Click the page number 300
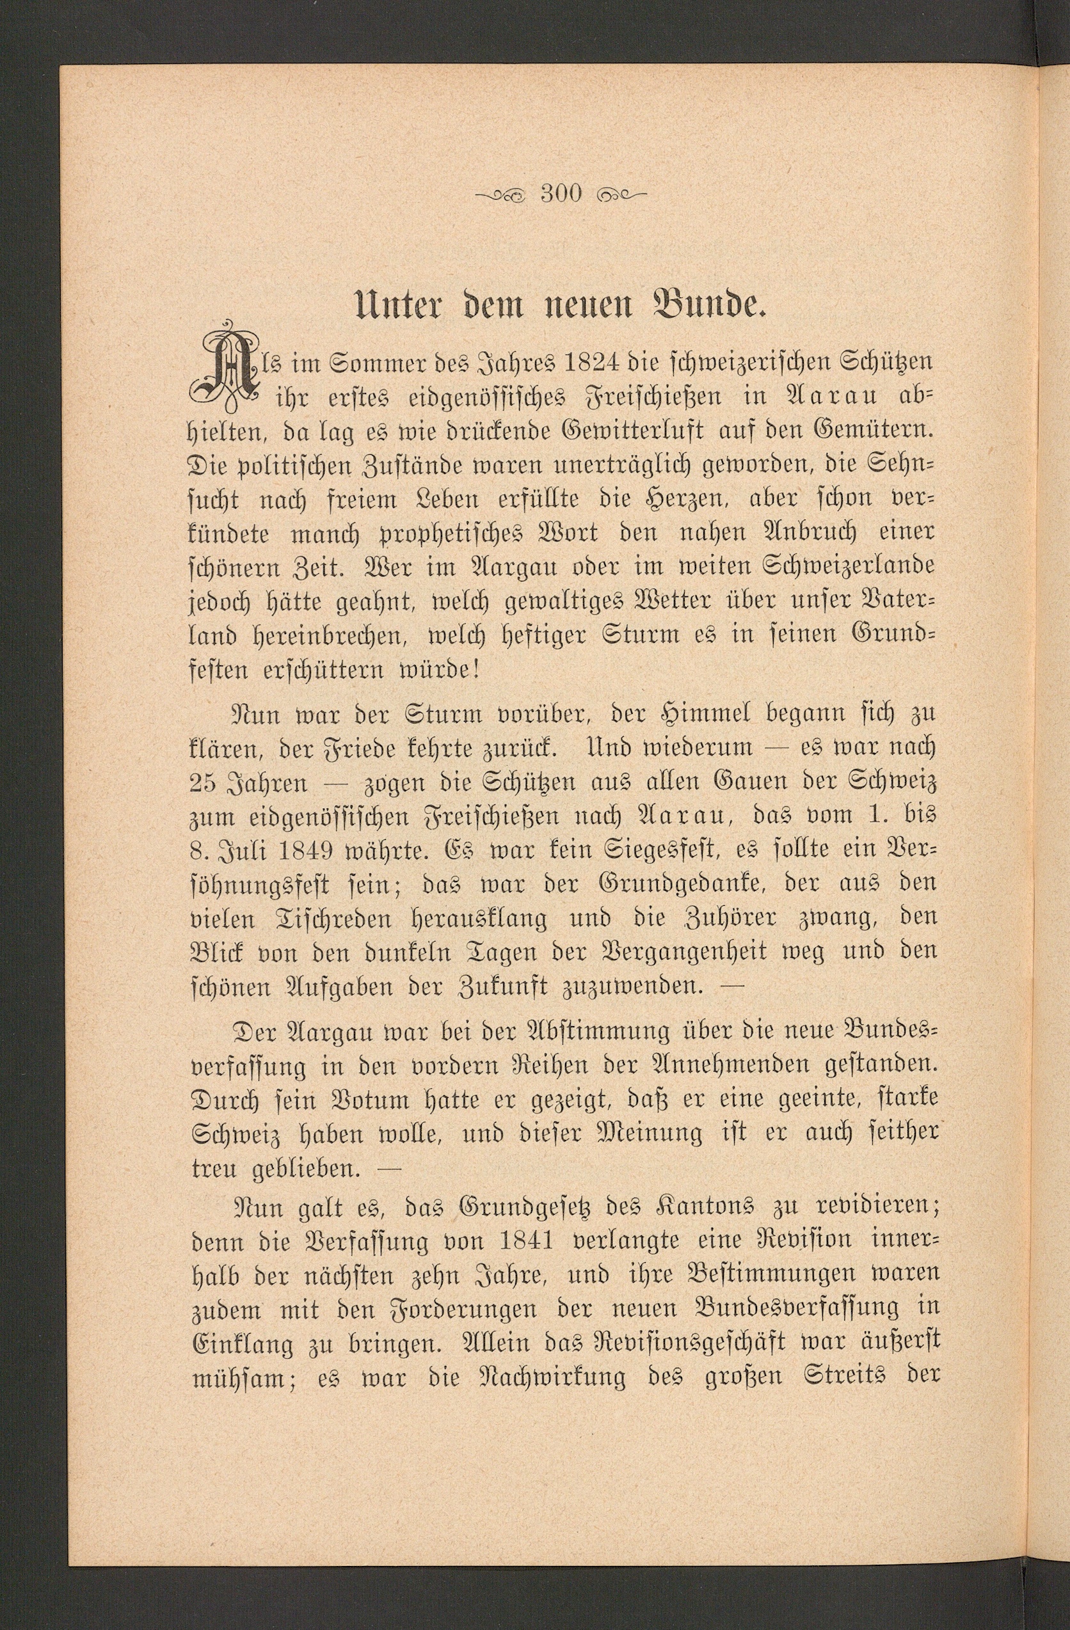click(561, 194)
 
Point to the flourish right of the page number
click(621, 194)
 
